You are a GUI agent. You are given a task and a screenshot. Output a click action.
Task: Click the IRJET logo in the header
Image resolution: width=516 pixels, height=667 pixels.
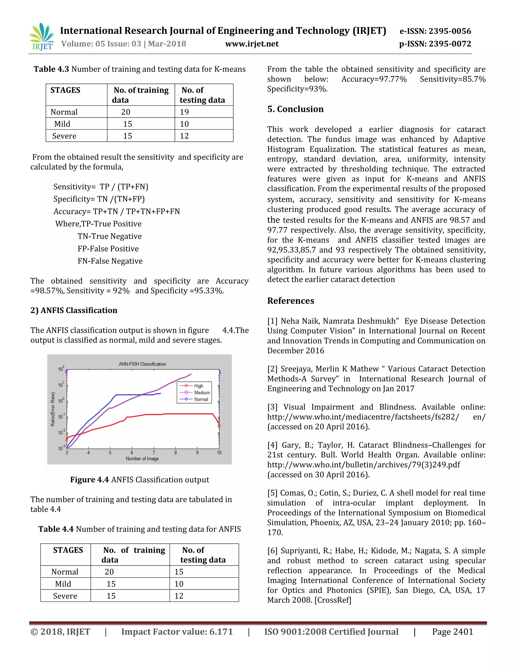tap(42, 37)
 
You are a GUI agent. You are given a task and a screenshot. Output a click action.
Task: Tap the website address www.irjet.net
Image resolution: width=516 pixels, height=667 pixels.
tap(252, 44)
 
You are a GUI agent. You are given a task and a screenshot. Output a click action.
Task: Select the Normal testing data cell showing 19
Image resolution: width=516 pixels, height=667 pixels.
tap(184, 112)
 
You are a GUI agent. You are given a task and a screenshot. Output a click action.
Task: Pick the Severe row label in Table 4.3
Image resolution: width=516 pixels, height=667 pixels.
tap(64, 136)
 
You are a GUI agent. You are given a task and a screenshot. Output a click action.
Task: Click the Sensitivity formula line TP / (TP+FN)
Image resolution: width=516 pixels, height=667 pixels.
tap(101, 187)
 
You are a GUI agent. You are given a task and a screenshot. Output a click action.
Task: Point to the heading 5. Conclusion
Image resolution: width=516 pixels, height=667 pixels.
tap(295, 109)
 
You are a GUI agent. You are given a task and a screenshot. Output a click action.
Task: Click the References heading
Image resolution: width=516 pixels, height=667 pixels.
tap(291, 301)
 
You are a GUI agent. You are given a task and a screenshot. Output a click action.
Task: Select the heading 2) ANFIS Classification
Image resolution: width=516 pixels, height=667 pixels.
tap(74, 310)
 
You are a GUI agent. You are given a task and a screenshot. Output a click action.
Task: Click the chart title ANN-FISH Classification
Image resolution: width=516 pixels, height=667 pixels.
tap(142, 364)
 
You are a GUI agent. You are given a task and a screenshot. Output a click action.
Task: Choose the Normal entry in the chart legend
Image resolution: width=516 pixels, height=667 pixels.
tap(201, 399)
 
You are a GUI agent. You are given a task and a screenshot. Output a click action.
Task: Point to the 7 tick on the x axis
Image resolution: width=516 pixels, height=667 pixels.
tap(154, 453)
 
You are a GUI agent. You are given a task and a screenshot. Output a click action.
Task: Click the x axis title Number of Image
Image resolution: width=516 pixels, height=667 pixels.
tap(142, 459)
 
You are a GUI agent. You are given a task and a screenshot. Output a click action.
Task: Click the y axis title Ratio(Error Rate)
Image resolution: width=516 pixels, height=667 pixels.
tap(53, 409)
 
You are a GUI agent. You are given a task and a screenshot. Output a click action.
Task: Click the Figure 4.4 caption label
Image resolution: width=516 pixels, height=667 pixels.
tap(89, 480)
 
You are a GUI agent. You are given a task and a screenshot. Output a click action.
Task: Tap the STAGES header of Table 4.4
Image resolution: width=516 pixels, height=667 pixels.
tap(68, 550)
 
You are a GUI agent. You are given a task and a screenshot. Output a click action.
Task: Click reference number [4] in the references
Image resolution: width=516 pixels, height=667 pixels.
tap(272, 445)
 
